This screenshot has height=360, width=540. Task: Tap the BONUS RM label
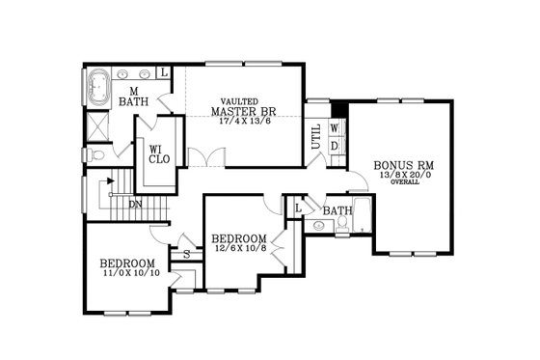point(397,165)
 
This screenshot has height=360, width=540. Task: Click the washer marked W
point(335,127)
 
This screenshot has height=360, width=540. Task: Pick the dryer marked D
point(335,145)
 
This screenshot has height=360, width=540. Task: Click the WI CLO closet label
point(154,154)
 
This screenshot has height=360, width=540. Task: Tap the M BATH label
point(131,94)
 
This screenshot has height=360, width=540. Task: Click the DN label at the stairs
point(136,204)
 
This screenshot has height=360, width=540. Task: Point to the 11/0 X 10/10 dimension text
point(127,274)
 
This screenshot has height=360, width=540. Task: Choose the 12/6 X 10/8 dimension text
point(239,248)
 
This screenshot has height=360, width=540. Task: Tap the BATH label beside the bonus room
point(337,209)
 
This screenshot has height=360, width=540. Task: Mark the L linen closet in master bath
point(164,72)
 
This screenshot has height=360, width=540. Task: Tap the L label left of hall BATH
point(298,208)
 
